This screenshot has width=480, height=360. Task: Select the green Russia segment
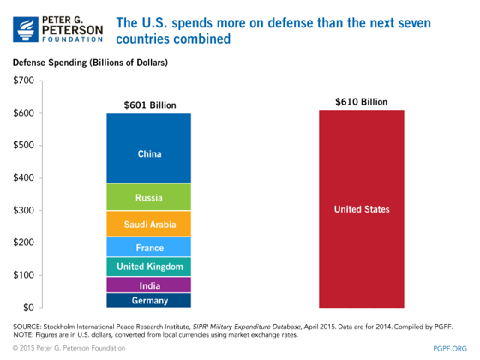pyautogui.click(x=149, y=198)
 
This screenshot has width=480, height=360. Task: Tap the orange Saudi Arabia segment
pyautogui.click(x=149, y=223)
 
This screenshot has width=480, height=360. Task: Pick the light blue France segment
pyautogui.click(x=149, y=247)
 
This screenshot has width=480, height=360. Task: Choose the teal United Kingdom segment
pyautogui.click(x=149, y=266)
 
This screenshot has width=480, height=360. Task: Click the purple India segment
pyautogui.click(x=149, y=286)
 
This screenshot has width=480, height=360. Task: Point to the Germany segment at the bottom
pyautogui.click(x=149, y=301)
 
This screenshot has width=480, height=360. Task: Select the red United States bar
pyautogui.click(x=361, y=209)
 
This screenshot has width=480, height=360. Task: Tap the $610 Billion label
pyautogui.click(x=361, y=100)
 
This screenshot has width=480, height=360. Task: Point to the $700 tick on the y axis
pyautogui.click(x=23, y=80)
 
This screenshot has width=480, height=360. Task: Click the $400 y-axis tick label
pyautogui.click(x=23, y=178)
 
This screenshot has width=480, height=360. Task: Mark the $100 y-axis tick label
pyautogui.click(x=23, y=275)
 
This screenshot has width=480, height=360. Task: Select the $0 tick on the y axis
pyautogui.click(x=28, y=307)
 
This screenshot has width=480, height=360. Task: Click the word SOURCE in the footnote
pyautogui.click(x=28, y=326)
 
